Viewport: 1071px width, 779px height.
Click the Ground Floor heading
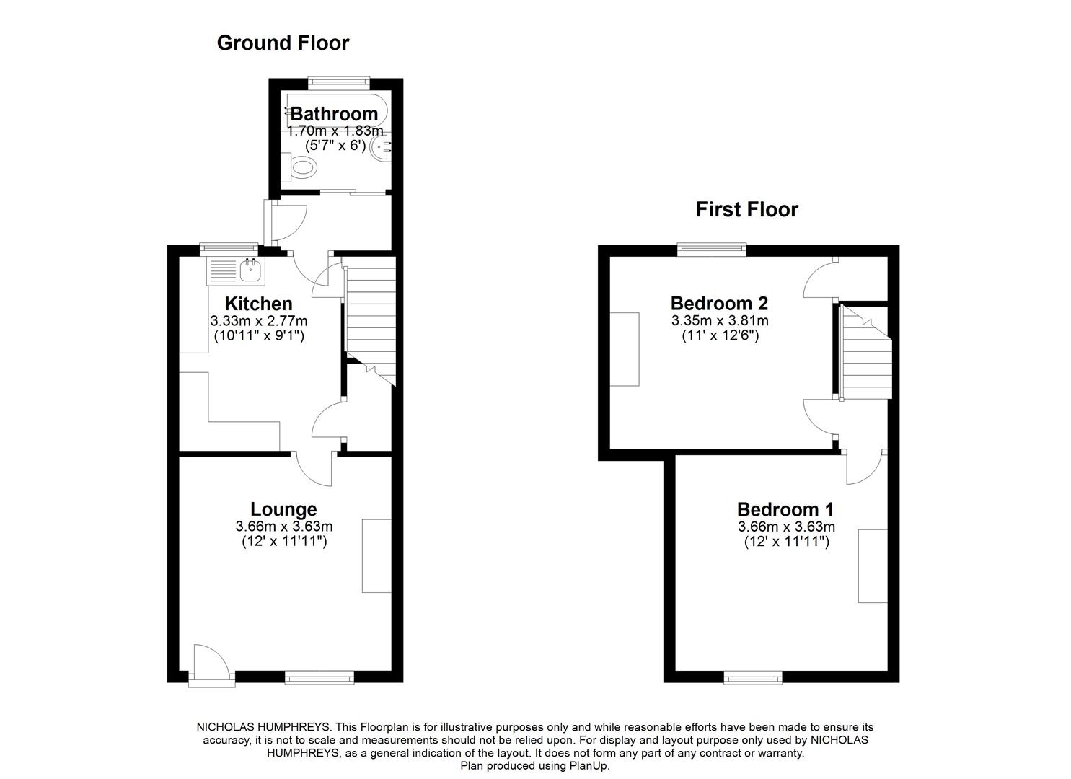pos(283,43)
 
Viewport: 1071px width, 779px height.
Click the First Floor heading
pos(746,210)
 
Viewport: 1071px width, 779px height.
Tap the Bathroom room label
pos(334,114)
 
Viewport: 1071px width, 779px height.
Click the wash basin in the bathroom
pos(380,149)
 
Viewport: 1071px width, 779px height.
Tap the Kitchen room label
pos(258,304)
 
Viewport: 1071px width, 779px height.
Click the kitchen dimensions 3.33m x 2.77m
pos(258,321)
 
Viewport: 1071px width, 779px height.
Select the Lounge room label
pos(283,510)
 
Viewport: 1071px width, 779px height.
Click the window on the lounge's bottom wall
pos(319,677)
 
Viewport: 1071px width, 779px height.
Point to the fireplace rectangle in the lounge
pos(376,555)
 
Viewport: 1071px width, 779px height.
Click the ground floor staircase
pos(371,317)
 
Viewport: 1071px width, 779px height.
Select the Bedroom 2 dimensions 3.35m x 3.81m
pos(719,321)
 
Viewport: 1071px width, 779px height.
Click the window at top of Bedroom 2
pos(711,250)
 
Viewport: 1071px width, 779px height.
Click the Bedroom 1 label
pos(785,509)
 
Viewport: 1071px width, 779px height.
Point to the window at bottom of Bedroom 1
pos(753,677)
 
